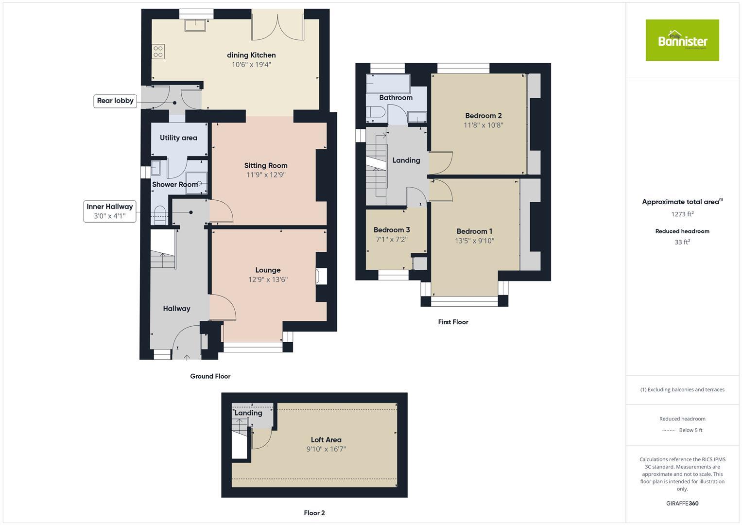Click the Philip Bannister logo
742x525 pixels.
682,40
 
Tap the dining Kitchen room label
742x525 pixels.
251,55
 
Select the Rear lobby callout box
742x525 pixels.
115,101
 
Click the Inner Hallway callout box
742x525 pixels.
109,211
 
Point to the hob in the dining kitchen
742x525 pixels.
158,51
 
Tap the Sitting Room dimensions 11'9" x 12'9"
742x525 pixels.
266,175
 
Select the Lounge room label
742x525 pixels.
268,270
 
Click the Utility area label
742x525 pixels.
178,138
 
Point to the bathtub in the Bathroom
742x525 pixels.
388,84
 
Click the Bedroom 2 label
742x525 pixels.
483,115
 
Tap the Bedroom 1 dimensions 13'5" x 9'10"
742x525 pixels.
474,241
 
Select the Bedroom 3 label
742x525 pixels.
392,229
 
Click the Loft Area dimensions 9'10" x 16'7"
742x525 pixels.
326,449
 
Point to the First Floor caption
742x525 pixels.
453,322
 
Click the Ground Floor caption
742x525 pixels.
210,376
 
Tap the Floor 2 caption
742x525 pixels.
314,513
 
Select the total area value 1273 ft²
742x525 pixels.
682,214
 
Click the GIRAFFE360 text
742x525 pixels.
682,503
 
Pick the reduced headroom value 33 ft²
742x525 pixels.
682,242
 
